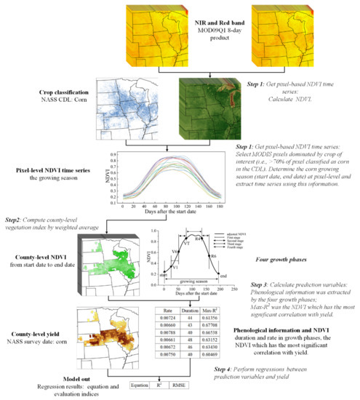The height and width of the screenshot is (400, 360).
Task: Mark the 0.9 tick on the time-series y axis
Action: pyautogui.click(x=120, y=154)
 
